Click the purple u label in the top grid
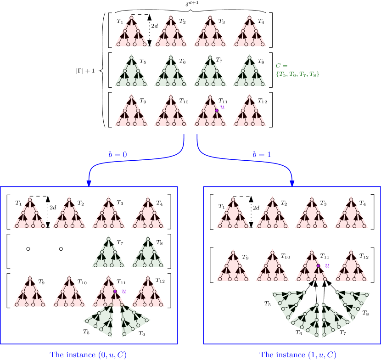(223, 107)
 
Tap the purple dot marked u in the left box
(115, 291)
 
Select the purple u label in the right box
(327, 265)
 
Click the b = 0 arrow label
(118, 155)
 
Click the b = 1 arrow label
(262, 155)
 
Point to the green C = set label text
(297, 70)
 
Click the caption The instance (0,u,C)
(88, 354)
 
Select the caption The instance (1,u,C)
(298, 354)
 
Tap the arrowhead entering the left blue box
(89, 183)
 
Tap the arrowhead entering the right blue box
(292, 183)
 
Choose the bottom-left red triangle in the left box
(30, 294)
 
